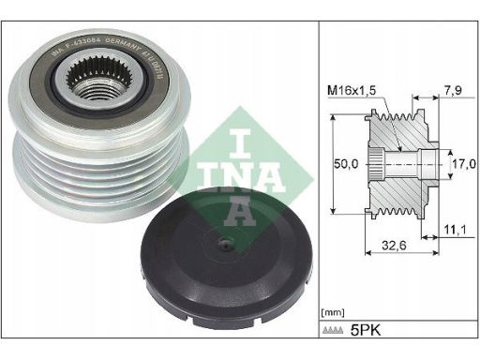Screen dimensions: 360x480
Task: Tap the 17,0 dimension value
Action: pyautogui.click(x=458, y=163)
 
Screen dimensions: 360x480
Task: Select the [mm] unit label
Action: pyautogui.click(x=331, y=309)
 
